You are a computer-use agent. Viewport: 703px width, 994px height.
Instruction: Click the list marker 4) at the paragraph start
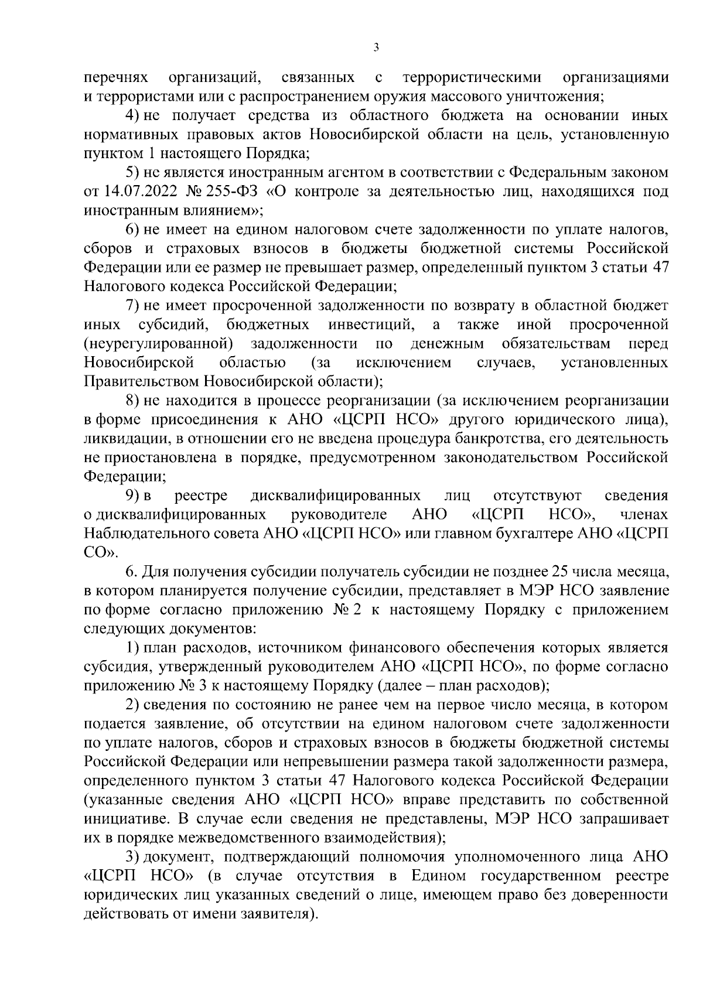pyautogui.click(x=134, y=116)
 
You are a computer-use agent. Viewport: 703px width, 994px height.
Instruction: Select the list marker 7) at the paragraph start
pyautogui.click(x=134, y=306)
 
